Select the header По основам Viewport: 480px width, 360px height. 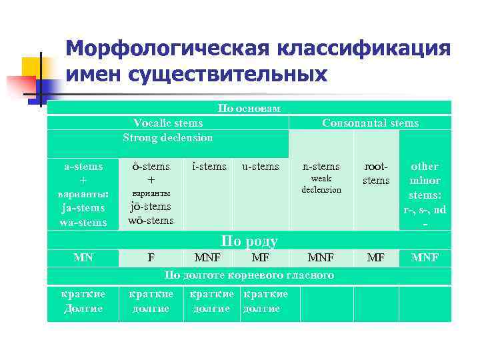[x=249, y=108]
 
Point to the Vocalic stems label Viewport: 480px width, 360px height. [x=168, y=123]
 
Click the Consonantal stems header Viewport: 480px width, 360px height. [x=370, y=123]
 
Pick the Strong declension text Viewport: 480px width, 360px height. [x=168, y=137]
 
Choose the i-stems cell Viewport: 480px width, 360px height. [x=209, y=166]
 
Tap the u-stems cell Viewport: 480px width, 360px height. [x=261, y=166]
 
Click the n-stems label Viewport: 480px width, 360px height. [x=321, y=167]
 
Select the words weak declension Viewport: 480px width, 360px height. [x=321, y=184]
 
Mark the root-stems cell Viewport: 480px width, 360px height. [x=376, y=173]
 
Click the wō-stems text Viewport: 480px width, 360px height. [x=151, y=220]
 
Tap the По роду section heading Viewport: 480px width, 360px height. [x=249, y=241]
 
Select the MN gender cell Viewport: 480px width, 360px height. [x=83, y=257]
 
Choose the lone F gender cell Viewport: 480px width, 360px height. [x=151, y=257]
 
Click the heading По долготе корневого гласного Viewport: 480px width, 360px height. [x=249, y=275]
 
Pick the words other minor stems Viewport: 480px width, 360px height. [x=425, y=180]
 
